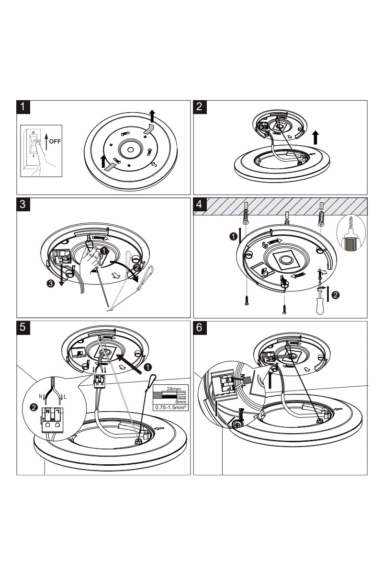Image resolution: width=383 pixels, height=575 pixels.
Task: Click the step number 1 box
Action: (x=23, y=107)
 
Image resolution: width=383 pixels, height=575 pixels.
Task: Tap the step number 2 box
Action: (x=200, y=107)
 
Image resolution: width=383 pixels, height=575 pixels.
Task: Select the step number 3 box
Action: (x=23, y=204)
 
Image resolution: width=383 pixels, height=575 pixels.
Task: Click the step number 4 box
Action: (x=200, y=204)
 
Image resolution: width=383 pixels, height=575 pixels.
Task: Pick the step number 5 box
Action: (x=23, y=328)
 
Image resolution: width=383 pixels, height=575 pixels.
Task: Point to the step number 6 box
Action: (x=200, y=328)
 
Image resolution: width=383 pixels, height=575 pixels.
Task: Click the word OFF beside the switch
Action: (x=55, y=141)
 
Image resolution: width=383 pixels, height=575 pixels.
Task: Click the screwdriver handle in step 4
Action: (x=320, y=306)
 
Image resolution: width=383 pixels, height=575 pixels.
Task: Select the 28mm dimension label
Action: (x=173, y=389)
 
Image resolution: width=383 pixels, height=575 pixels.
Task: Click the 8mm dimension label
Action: (x=181, y=402)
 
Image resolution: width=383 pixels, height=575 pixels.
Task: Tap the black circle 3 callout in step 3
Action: (x=51, y=283)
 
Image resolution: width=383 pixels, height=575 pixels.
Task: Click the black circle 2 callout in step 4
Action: (x=336, y=295)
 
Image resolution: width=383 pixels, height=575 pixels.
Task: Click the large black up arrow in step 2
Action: (x=316, y=138)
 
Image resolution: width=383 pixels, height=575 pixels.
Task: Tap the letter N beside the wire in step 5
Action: (x=40, y=396)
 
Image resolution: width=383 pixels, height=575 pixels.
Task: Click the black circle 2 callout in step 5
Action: (x=34, y=407)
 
